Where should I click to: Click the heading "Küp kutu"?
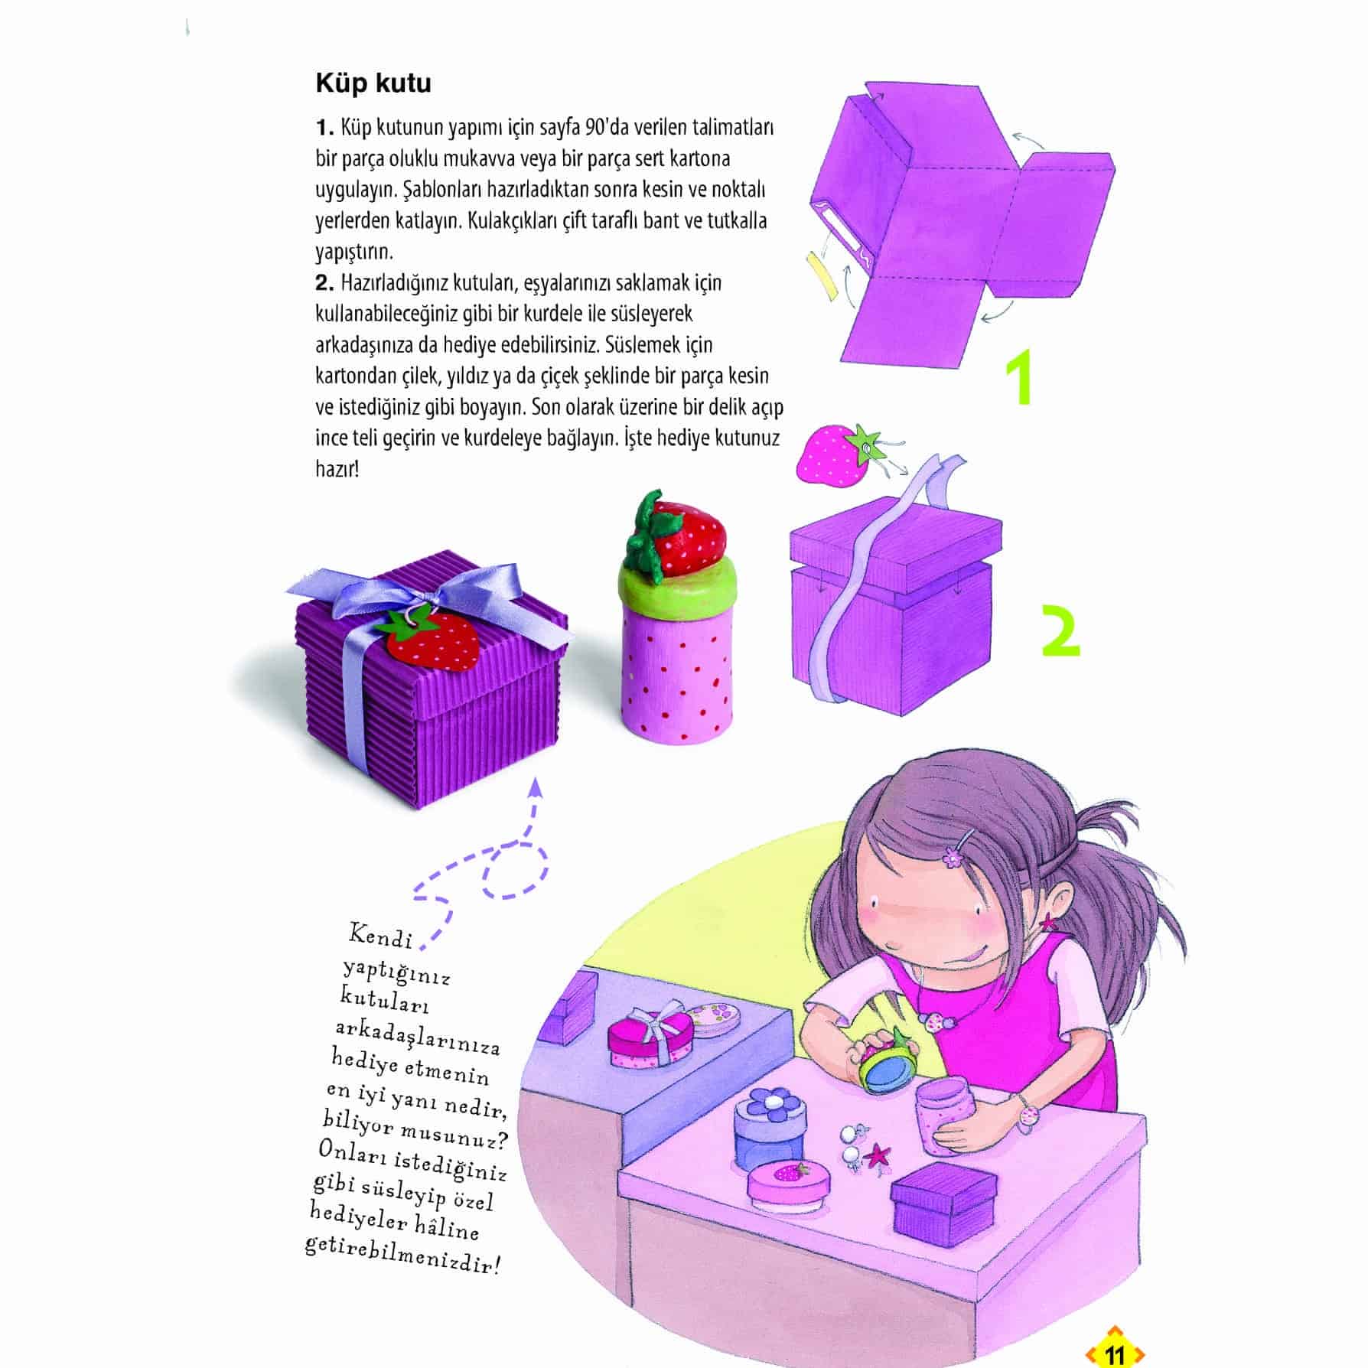point(373,83)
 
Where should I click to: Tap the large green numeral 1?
point(1021,377)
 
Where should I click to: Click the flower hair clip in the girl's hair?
point(953,858)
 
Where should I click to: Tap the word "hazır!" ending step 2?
point(337,468)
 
